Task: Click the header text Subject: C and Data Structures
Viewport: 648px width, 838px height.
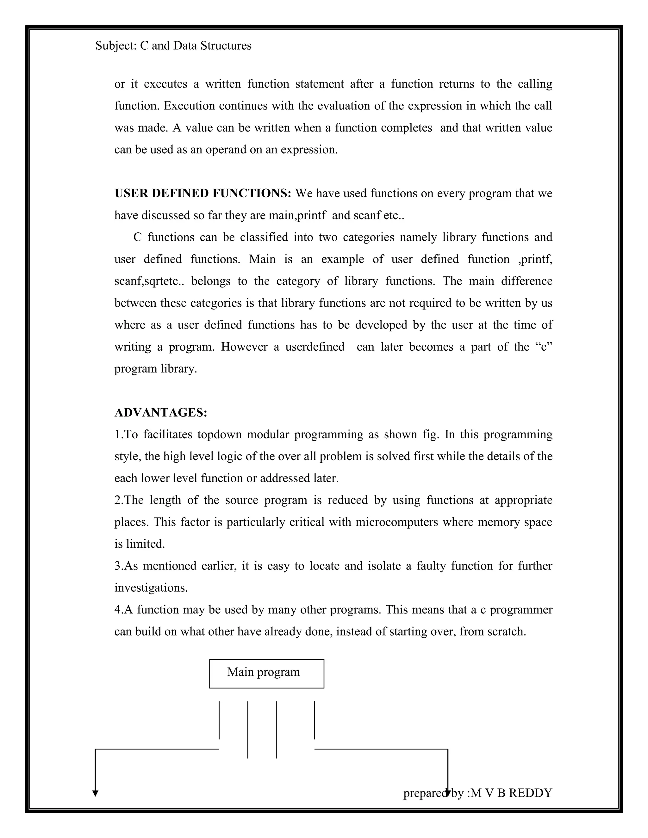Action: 173,46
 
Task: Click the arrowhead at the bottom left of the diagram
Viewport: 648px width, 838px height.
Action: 95,793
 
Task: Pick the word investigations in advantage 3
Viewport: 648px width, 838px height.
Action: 151,588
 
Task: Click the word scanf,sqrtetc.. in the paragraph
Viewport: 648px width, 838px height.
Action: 149,281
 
